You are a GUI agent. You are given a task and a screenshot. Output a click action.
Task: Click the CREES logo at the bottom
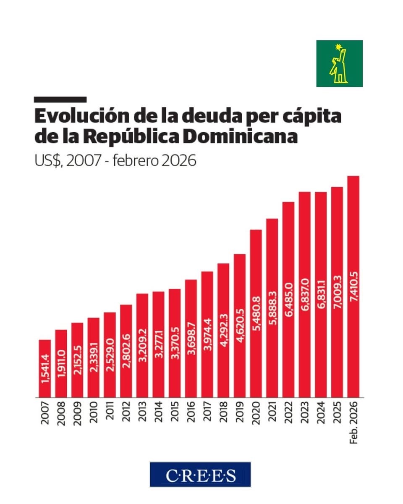point(200,475)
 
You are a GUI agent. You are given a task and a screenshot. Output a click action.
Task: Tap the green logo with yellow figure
point(339,63)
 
